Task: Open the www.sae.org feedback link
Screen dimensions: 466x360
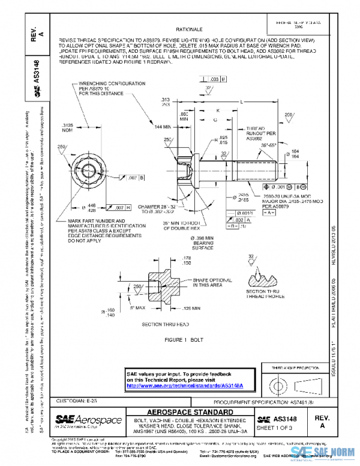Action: (x=188, y=385)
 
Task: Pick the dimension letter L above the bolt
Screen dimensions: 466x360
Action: (x=241, y=103)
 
